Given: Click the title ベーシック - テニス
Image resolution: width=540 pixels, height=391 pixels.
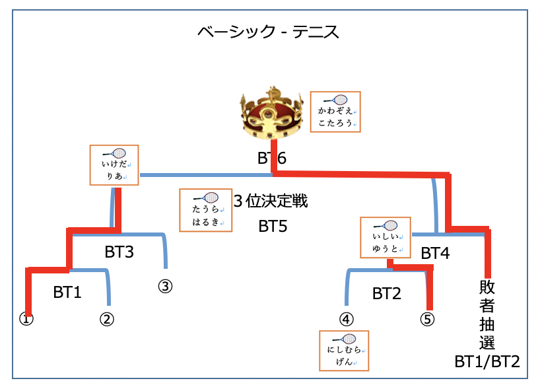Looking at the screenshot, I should tap(269, 32).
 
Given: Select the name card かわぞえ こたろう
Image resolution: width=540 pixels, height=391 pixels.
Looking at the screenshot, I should tap(335, 112).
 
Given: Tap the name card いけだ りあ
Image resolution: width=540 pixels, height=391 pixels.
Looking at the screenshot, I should tap(114, 165).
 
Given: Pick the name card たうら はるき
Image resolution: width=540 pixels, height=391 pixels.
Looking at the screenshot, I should tap(206, 210).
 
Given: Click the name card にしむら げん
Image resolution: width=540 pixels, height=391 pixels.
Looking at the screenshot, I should tap(343, 350).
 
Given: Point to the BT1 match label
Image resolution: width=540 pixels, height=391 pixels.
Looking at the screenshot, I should tap(67, 293).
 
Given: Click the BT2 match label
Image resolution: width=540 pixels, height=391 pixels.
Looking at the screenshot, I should tap(386, 293).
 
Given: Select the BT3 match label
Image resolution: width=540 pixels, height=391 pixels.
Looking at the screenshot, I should tap(119, 252).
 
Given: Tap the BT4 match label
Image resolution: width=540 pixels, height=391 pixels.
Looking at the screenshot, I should tap(435, 252).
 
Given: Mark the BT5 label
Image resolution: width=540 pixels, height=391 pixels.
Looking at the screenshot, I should tap(273, 227).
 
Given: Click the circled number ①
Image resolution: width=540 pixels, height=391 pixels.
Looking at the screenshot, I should tap(26, 318).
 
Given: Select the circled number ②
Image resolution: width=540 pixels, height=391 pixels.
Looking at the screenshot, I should tap(107, 319).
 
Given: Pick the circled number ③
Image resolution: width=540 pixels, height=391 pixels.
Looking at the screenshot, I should tap(164, 286).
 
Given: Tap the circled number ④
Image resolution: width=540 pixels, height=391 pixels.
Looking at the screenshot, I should tap(347, 319).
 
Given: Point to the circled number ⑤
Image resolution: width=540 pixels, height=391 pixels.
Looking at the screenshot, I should tap(428, 319).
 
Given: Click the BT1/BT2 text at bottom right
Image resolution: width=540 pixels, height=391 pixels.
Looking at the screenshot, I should tap(487, 361).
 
